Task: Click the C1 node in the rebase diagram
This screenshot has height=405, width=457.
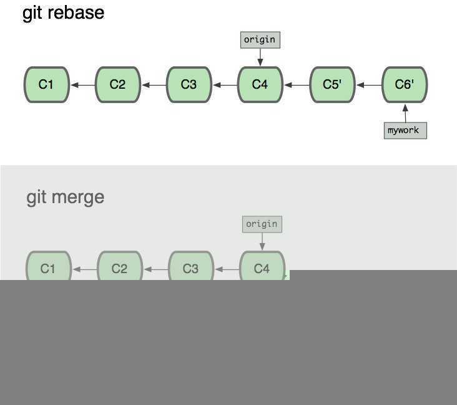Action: click(46, 84)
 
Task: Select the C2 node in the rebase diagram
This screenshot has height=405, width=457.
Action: click(117, 84)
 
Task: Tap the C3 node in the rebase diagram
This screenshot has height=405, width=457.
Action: click(189, 84)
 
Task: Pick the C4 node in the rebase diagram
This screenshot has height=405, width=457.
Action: click(260, 84)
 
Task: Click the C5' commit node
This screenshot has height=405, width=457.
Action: click(332, 84)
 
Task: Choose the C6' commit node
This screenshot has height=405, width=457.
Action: click(405, 84)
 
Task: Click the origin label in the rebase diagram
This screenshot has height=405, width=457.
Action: click(260, 40)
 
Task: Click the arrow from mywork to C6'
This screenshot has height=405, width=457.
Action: click(405, 113)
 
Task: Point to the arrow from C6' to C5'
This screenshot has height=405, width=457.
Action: click(368, 85)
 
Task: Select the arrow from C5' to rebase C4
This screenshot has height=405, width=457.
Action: click(297, 85)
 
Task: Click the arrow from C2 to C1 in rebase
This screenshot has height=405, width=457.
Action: click(82, 85)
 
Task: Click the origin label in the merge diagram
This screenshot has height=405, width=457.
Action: click(262, 224)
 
